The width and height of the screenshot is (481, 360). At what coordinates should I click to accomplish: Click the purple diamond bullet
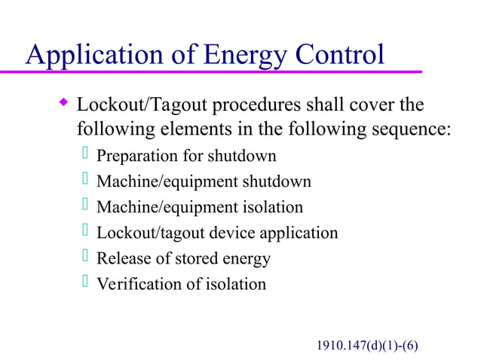pos(63,101)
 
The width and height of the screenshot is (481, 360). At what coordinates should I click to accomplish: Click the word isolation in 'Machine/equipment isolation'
pos(272,207)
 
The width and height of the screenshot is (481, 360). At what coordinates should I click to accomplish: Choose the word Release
pos(121,258)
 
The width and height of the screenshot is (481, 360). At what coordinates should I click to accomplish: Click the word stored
pos(195,258)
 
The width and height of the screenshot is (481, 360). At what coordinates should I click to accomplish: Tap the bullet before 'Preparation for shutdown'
pos(85,155)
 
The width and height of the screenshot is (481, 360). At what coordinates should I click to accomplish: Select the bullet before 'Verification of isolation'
pos(85,282)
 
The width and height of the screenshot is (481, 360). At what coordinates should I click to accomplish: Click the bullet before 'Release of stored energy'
pos(85,257)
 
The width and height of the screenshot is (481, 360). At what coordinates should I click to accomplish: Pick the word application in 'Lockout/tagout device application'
pos(299,233)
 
